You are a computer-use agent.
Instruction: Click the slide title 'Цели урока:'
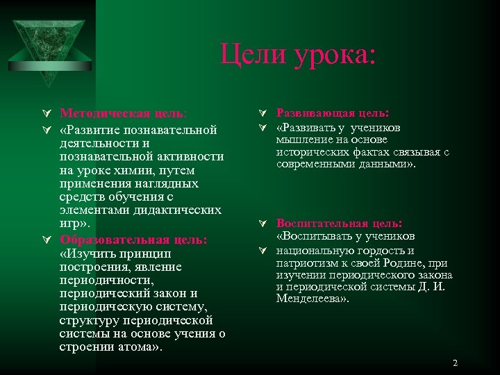click(298, 53)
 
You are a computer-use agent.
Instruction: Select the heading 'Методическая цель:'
click(123, 113)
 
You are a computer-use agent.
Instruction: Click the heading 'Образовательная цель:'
click(133, 240)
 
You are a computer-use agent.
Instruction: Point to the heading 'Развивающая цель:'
click(333, 113)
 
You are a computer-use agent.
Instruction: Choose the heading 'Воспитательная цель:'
click(339, 224)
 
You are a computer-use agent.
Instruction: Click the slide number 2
click(455, 363)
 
